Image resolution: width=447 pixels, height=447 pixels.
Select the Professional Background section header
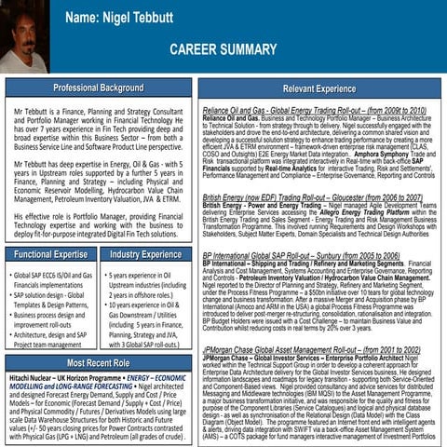98,88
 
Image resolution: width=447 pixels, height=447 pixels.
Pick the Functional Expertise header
51,253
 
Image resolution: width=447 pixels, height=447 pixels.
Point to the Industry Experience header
145,253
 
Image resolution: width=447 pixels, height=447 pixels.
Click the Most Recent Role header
98,362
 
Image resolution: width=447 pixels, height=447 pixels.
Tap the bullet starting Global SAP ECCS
53,280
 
